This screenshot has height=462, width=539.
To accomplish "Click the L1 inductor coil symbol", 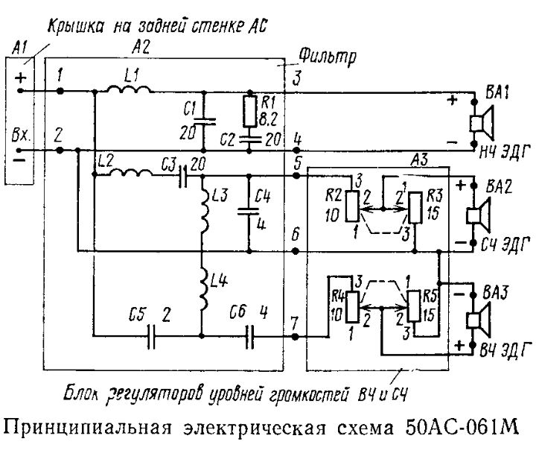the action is [x=128, y=89].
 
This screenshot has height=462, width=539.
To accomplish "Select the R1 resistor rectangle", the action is [x=250, y=111].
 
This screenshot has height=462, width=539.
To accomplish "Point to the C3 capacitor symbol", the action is [x=183, y=176].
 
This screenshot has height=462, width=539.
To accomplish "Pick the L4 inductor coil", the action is [x=204, y=287].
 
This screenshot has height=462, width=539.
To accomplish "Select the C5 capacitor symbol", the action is [x=151, y=335].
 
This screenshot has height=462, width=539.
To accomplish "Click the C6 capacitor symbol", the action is [x=250, y=335].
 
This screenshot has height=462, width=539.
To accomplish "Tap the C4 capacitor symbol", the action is [x=249, y=211].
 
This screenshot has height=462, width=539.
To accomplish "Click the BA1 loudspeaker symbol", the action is [x=481, y=122].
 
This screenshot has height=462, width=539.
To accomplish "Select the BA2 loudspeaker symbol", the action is [x=478, y=215].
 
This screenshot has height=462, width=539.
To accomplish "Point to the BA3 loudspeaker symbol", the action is [x=478, y=320].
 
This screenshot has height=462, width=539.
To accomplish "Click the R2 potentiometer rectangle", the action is [x=352, y=206].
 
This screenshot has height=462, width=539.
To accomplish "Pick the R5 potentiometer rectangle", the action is [x=413, y=306].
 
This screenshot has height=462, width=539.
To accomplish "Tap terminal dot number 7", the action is [x=295, y=337].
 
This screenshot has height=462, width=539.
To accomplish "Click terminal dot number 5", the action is [x=296, y=176].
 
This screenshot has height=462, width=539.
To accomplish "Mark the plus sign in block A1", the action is [x=20, y=77].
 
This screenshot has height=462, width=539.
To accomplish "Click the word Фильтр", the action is [x=327, y=57].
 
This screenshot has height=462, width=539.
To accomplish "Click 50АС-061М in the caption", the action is [x=462, y=426].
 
